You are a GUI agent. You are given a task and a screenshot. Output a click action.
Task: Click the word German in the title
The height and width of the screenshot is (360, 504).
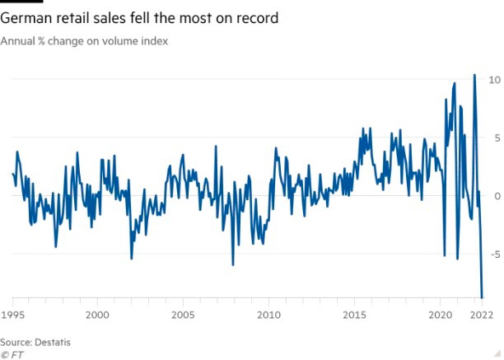pyautogui.click(x=27, y=17)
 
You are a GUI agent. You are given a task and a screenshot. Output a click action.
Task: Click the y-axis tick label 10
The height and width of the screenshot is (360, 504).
pyautogui.click(x=495, y=80)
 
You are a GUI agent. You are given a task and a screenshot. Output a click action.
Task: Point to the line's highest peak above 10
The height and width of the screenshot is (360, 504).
pyautogui.click(x=474, y=75)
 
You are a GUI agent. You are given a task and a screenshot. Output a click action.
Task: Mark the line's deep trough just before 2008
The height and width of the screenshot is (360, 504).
pyautogui.click(x=233, y=264)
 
